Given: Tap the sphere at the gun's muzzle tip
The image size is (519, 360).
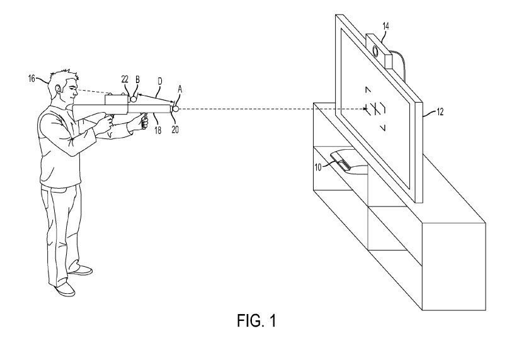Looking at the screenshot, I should (x=176, y=109).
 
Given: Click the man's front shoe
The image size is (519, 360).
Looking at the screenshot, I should (x=66, y=288).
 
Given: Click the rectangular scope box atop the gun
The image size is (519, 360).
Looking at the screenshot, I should (x=116, y=99).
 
